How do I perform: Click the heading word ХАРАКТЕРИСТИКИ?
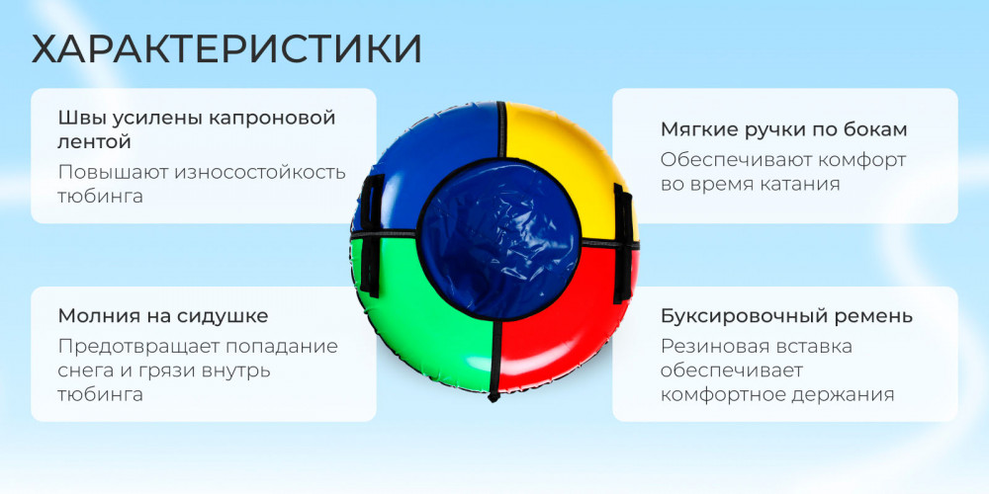[x=226, y=49]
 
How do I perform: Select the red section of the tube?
[x=568, y=315]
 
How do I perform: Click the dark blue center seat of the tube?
[x=497, y=239]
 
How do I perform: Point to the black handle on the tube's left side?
[x=371, y=235]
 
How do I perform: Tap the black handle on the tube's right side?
[x=622, y=243]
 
